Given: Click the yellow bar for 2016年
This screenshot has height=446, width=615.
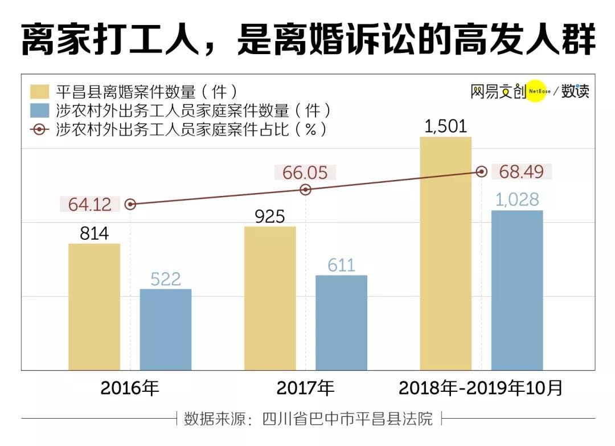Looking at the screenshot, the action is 94,307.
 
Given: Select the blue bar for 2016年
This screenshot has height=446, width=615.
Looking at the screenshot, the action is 166,329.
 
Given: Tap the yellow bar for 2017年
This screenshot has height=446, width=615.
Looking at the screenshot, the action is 270,298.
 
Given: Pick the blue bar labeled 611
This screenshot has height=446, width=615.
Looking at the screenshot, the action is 341,322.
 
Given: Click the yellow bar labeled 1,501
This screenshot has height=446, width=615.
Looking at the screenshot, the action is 445,253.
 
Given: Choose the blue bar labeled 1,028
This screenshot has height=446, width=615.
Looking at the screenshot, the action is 517,290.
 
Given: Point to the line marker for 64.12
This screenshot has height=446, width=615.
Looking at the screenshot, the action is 130,204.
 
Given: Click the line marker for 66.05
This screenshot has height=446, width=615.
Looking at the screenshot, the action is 306,190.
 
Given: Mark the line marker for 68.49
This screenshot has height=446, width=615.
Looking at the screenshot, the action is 482,171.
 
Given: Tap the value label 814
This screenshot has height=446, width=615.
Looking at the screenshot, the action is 94,234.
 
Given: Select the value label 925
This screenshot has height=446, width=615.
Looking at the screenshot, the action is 270,216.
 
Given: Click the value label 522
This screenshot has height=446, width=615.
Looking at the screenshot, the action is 166,279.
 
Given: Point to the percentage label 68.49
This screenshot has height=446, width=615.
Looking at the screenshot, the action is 521,172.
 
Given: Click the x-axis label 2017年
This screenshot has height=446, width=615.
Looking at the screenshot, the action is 305,388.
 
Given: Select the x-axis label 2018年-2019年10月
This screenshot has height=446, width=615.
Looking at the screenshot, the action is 481,388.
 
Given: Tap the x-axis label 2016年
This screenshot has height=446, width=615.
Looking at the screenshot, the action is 129,388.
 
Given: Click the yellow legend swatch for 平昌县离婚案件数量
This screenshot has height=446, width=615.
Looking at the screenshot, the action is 40,92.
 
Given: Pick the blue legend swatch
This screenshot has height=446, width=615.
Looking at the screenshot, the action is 40,111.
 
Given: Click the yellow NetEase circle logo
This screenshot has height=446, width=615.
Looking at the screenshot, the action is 536,91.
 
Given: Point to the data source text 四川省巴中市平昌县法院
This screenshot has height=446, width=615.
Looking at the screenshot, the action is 347,419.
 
